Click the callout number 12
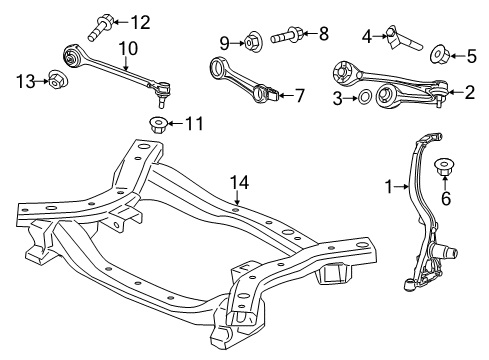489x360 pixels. click(139, 21)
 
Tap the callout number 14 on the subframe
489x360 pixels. click(237, 182)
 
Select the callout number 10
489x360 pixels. click(127, 46)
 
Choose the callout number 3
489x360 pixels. click(339, 97)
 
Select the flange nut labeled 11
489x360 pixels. click(156, 124)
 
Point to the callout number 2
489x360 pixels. click(469, 93)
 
